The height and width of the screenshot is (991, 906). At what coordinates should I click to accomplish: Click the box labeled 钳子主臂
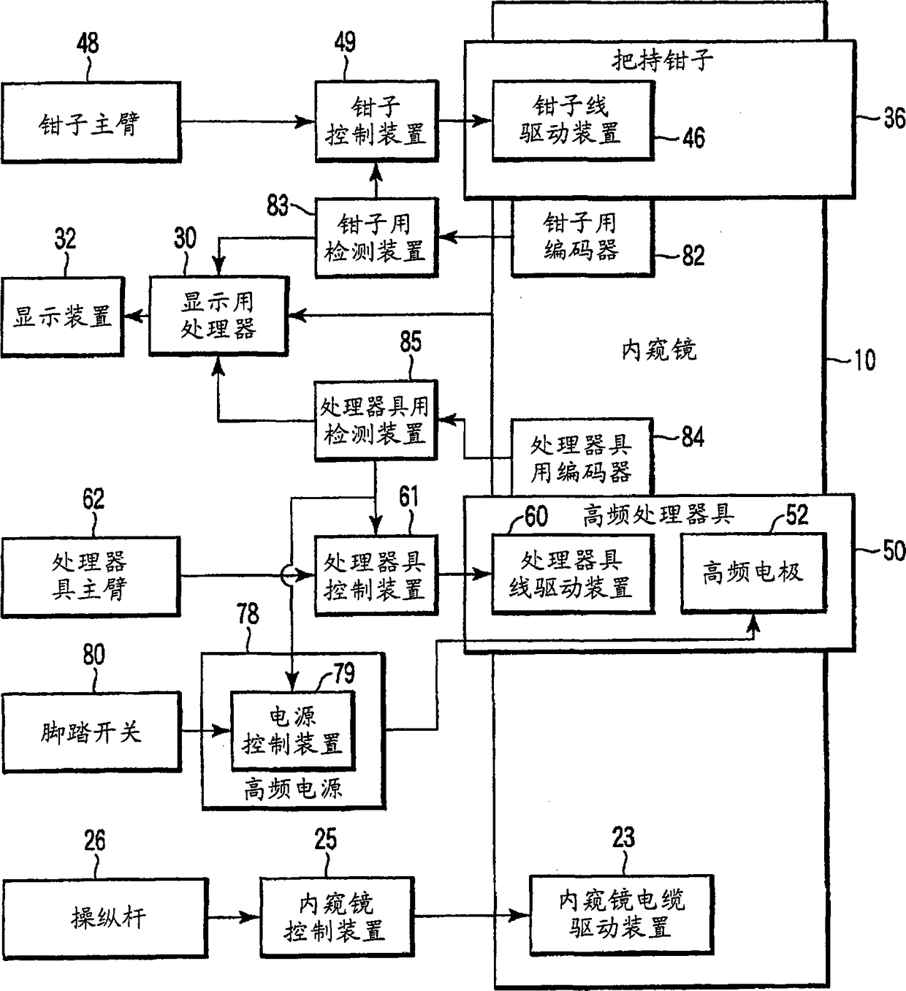tap(90, 123)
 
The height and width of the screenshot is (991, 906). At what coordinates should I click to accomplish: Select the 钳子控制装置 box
tap(376, 121)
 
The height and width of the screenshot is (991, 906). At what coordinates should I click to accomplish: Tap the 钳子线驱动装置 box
tap(572, 121)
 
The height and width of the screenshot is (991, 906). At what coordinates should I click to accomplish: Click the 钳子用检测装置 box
tap(376, 238)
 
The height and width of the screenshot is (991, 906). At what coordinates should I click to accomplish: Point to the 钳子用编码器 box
tap(581, 238)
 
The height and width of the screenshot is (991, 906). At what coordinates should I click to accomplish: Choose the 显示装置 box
tap(62, 316)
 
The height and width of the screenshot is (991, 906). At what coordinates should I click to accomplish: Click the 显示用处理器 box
tap(218, 316)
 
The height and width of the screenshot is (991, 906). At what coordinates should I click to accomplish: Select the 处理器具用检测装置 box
tap(376, 421)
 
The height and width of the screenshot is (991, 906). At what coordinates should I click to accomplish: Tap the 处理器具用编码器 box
tap(581, 457)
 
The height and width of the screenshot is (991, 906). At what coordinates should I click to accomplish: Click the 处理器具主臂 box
tap(90, 576)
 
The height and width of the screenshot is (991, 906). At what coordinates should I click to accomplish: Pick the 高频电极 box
tap(753, 572)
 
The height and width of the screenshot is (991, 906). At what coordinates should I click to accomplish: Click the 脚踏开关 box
tap(91, 732)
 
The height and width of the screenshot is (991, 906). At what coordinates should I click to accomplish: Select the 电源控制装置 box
tap(292, 730)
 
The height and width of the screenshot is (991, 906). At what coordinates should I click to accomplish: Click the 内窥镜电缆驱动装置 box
tap(621, 914)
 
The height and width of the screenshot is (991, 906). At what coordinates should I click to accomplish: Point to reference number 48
tap(88, 43)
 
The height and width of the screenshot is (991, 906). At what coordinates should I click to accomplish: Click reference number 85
tap(411, 342)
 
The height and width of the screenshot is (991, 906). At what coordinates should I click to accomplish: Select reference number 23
tap(623, 838)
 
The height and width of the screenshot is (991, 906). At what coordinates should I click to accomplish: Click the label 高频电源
tap(293, 789)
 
